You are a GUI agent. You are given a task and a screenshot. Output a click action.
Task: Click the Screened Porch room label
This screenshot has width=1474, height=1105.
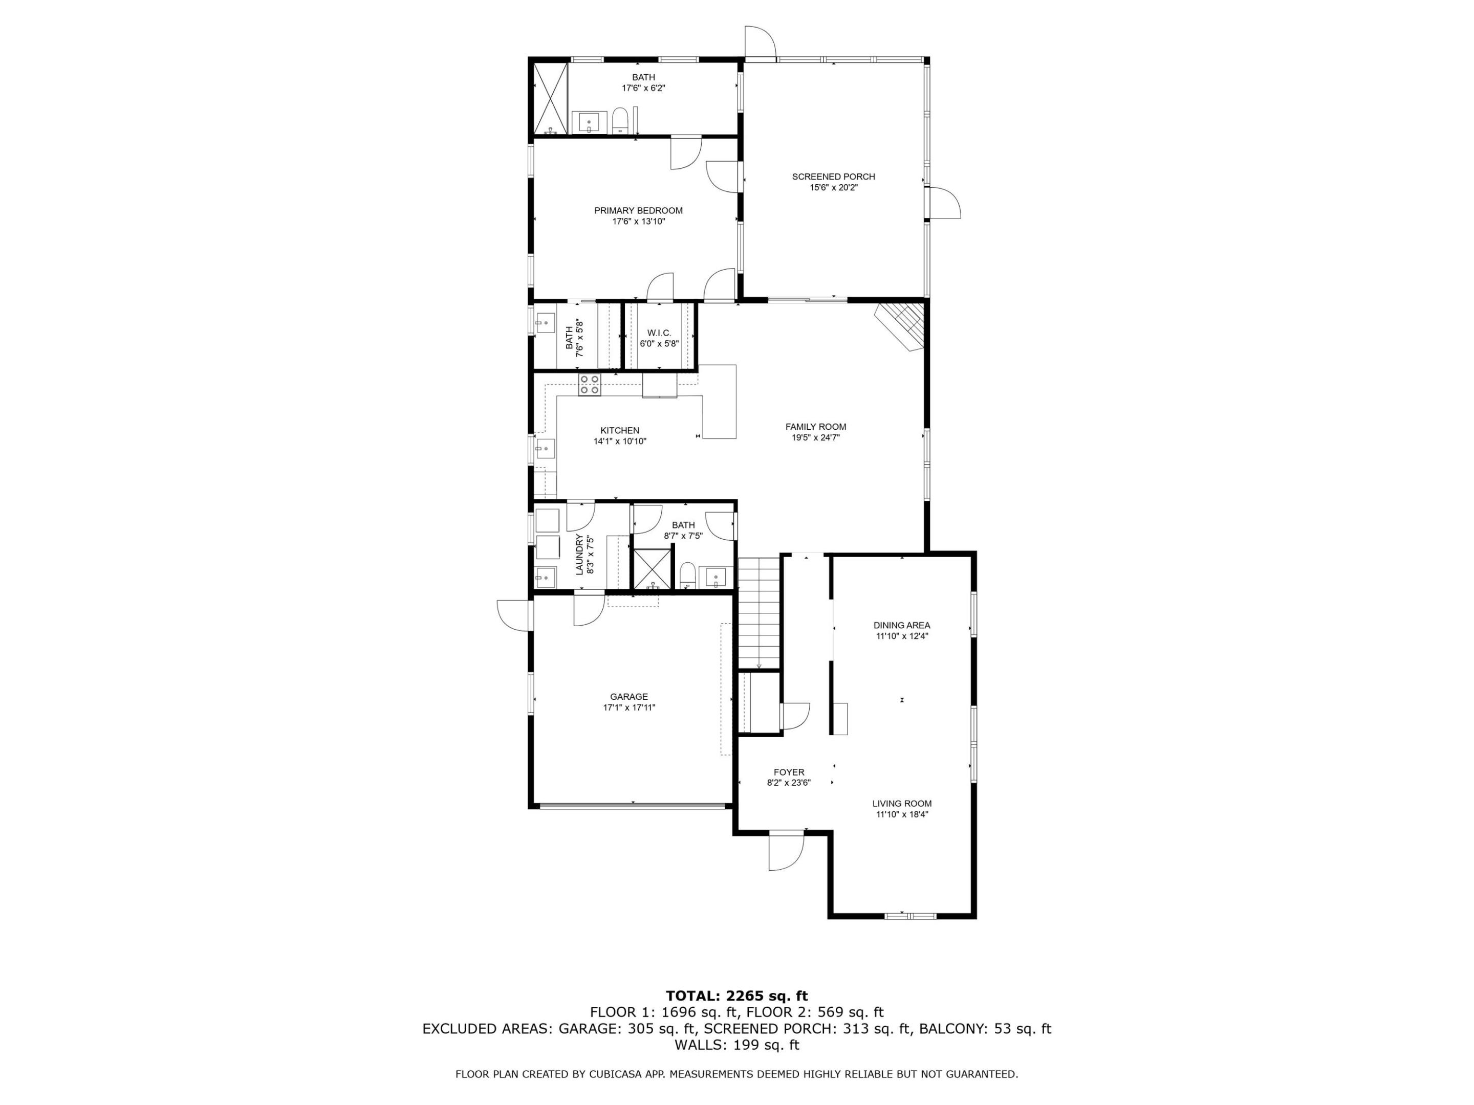tap(833, 176)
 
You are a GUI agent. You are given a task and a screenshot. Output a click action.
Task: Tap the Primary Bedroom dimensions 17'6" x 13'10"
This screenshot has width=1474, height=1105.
tap(638, 221)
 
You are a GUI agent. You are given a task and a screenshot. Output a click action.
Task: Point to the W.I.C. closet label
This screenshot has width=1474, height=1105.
tap(659, 333)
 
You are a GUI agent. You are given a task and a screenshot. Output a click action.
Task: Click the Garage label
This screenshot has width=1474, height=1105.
tap(628, 697)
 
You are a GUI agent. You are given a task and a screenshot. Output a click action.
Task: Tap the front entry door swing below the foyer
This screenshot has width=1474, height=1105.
tap(786, 852)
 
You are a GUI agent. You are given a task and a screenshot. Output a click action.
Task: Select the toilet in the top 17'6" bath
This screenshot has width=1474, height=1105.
tap(620, 121)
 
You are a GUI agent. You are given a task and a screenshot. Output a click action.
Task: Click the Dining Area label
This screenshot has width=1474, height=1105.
tap(902, 626)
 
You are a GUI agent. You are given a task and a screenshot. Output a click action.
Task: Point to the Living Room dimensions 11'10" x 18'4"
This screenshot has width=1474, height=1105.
tap(902, 814)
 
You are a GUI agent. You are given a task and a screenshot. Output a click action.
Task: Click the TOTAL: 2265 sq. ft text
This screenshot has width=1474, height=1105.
tap(736, 996)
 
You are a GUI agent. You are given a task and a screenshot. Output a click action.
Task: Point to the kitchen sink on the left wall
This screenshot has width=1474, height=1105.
tap(545, 449)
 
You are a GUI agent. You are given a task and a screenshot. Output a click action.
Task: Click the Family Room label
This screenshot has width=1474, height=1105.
tap(815, 427)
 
